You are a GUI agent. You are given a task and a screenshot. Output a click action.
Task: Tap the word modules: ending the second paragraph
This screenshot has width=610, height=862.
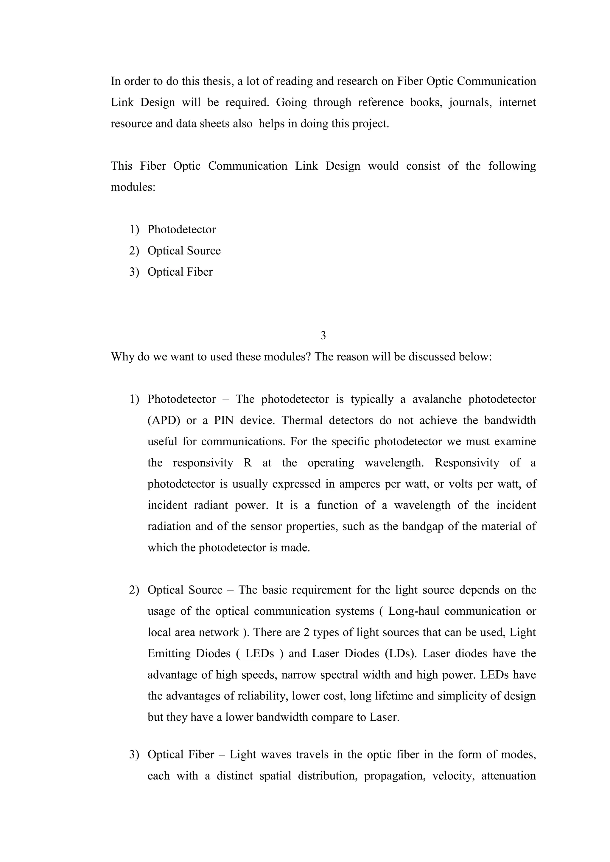(133, 187)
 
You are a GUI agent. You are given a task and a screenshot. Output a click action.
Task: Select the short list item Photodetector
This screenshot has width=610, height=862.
(181, 229)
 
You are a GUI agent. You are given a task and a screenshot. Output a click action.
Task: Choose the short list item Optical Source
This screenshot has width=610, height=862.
(184, 251)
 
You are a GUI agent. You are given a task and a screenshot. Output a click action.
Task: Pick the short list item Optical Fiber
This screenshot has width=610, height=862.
(180, 272)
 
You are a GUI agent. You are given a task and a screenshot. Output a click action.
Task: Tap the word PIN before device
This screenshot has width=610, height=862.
(224, 421)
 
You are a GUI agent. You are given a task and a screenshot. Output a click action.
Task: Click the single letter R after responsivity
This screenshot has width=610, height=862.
(248, 463)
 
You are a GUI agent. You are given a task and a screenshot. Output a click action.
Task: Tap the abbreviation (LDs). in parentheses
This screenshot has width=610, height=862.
(401, 654)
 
